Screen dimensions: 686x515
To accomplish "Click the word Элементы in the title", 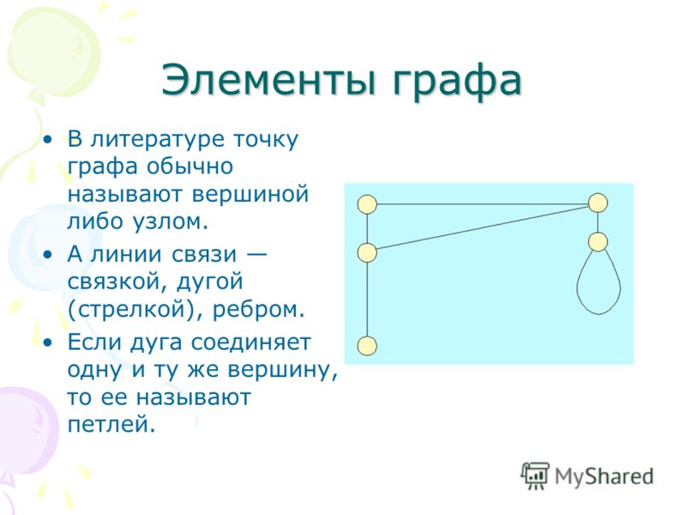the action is tap(268, 80).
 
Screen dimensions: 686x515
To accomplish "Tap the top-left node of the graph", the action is tap(367, 204).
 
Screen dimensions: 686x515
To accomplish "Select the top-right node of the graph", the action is tap(598, 203).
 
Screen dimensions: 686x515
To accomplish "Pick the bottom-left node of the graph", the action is tap(367, 346).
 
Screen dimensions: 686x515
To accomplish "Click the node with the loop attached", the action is tap(598, 241).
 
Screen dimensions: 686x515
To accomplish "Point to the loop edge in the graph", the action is tap(599, 314).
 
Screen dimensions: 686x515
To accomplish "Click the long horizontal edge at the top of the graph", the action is tap(483, 203).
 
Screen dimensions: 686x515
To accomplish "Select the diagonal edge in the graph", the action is tap(483, 227).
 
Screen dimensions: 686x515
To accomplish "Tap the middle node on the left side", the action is tap(367, 252).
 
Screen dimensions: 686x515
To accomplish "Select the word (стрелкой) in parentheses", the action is tap(136, 310).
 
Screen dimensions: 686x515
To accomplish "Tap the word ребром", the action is tap(259, 310).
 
